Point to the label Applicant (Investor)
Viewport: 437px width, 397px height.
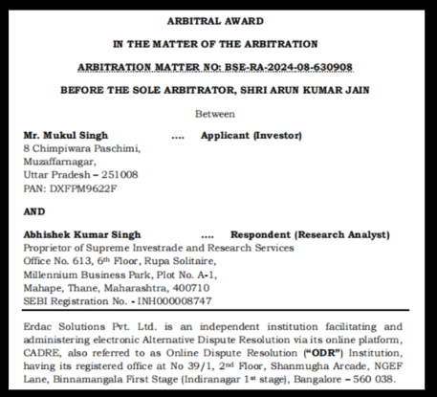(x=251, y=136)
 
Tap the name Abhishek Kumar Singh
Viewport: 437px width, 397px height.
(x=82, y=234)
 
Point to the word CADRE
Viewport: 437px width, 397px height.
(x=42, y=352)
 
